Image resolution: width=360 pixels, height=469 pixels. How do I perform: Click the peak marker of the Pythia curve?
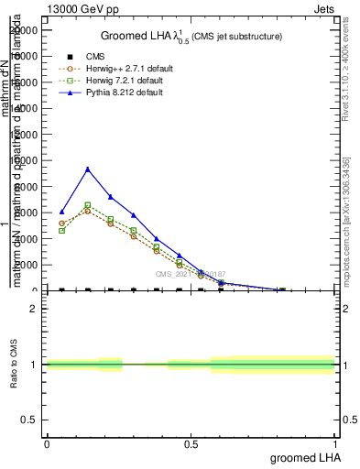click(x=87, y=169)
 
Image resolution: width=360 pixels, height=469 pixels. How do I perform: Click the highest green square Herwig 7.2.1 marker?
click(x=87, y=205)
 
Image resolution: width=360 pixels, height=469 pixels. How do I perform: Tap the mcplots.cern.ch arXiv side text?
click(x=345, y=220)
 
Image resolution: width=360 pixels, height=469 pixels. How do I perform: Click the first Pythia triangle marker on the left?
click(x=61, y=212)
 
